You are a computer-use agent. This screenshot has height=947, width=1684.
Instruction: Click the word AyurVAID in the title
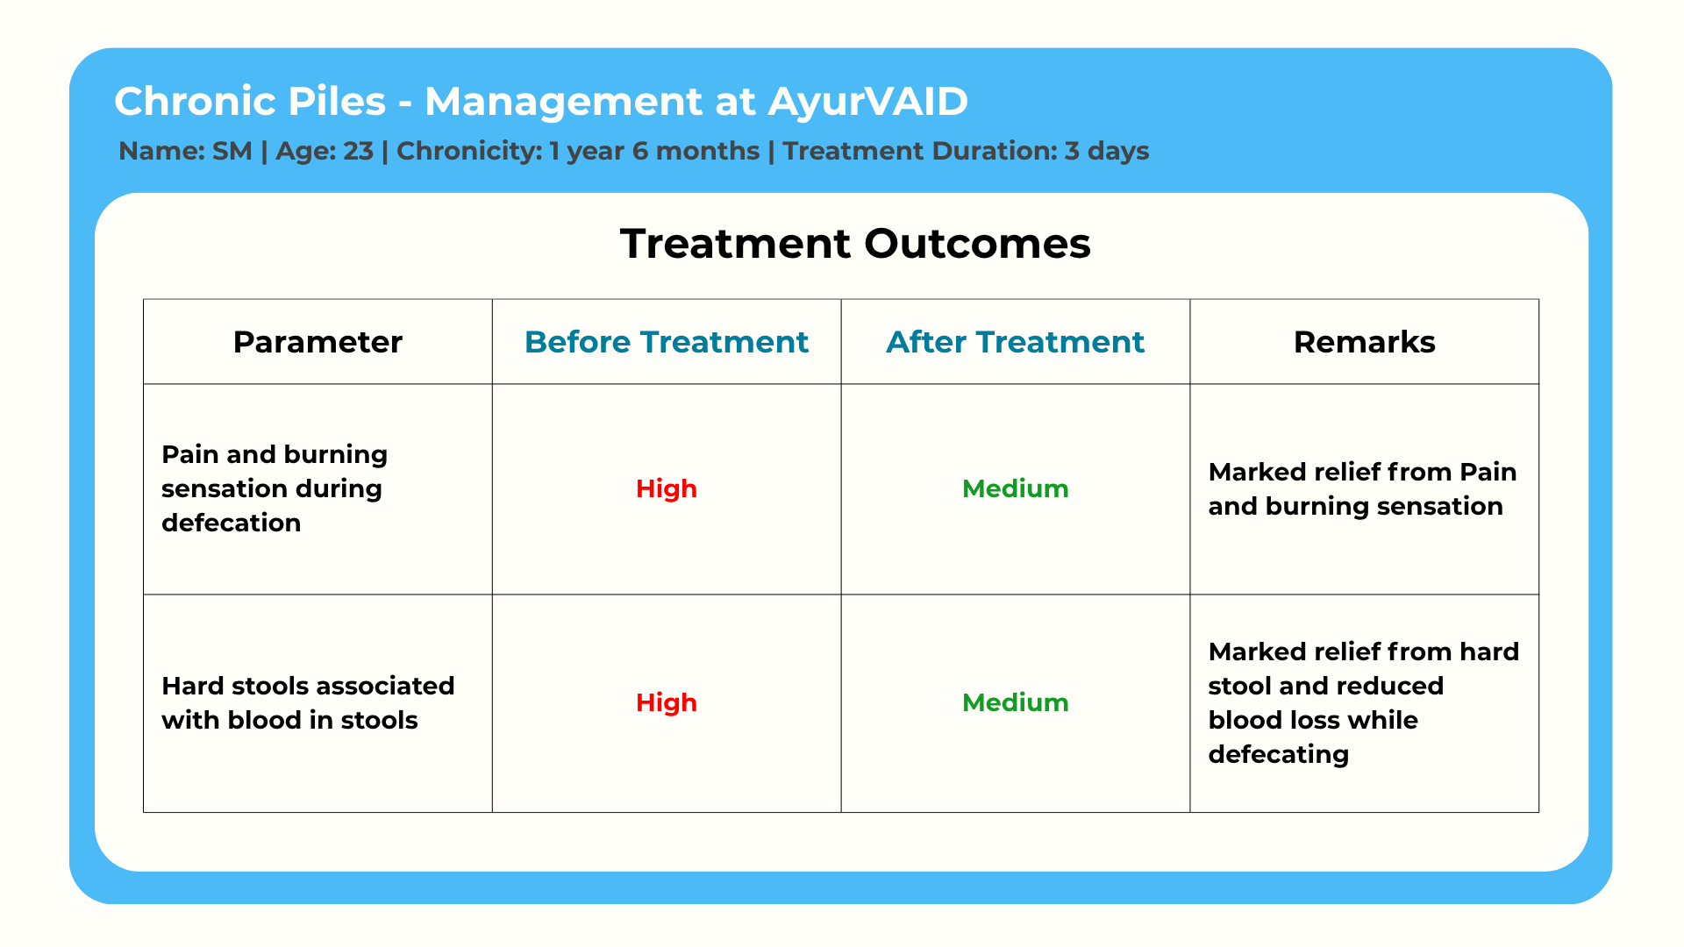pos(868,102)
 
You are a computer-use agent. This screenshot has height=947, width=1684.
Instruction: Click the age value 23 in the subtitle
pos(358,151)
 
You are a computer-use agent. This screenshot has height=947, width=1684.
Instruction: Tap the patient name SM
pos(232,151)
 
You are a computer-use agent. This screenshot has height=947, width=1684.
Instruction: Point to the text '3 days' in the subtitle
pos(1107,152)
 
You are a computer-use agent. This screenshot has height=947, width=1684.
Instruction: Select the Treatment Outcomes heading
pos(855,243)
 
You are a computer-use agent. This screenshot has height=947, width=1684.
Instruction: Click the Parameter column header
pos(318,342)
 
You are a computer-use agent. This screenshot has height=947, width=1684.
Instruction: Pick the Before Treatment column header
pos(667,342)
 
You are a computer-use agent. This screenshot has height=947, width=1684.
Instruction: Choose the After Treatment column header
pos(1016,342)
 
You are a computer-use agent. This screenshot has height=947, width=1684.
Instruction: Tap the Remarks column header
pos(1365,342)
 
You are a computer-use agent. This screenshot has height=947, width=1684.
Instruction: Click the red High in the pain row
pos(667,488)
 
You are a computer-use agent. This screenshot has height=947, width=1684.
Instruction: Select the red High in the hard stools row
pos(667,702)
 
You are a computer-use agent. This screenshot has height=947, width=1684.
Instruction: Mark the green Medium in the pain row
pos(1016,488)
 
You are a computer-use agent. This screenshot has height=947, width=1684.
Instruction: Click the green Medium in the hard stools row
pos(1016,702)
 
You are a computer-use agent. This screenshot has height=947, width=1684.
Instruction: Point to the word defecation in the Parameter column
pos(232,523)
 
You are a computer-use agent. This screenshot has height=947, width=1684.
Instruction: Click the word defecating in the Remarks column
pos(1279,755)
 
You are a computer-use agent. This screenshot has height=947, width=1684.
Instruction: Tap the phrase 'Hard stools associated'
pos(308,686)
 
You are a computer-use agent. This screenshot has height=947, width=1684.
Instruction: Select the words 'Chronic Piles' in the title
pos(250,102)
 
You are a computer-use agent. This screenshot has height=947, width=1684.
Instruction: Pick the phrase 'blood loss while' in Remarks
pos(1313,720)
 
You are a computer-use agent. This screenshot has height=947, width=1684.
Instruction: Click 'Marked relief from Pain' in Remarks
pos(1362,472)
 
